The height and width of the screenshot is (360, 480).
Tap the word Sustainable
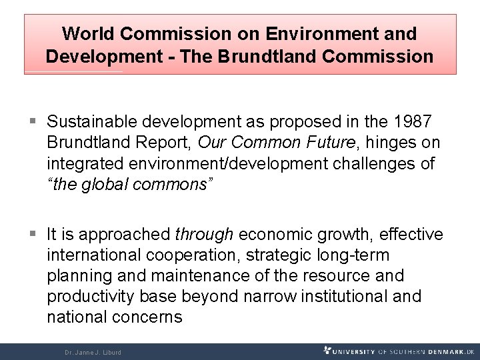[89, 122]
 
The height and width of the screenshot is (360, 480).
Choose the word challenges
[373, 163]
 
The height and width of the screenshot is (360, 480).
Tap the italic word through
[203, 234]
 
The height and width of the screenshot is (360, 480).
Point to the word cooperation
[208, 255]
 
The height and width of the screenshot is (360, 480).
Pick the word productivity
[92, 296]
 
